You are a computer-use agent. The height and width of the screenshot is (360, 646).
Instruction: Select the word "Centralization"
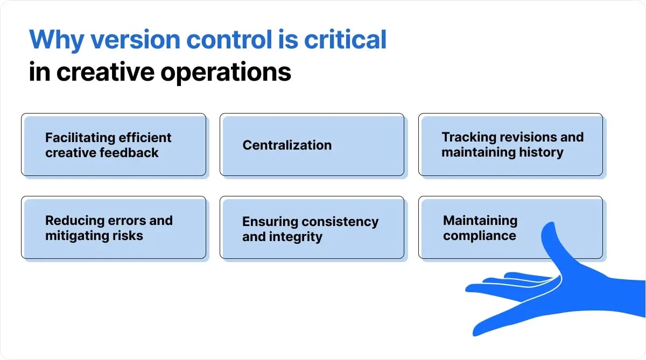point(287,145)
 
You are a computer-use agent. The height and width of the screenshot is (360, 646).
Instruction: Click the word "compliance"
point(479,236)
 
